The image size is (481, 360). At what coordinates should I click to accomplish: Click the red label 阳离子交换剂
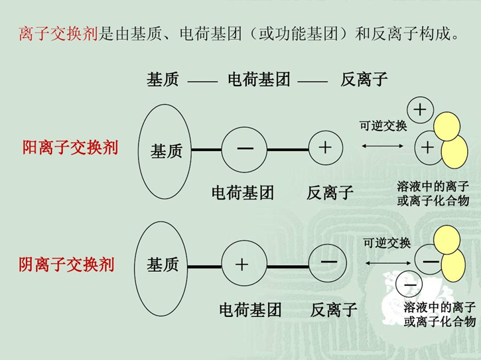point(70,147)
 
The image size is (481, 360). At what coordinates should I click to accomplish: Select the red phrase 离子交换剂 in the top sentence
point(58,34)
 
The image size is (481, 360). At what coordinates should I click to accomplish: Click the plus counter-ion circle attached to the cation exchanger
point(324,149)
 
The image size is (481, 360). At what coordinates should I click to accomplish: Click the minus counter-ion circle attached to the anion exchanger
point(328,263)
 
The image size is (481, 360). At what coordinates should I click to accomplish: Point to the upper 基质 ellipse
point(163,151)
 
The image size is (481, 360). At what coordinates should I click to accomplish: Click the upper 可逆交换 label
point(383,125)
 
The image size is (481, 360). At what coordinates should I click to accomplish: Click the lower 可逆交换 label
point(387,243)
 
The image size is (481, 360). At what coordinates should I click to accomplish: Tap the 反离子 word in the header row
point(364,80)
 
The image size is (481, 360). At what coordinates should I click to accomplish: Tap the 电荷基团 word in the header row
point(259,80)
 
